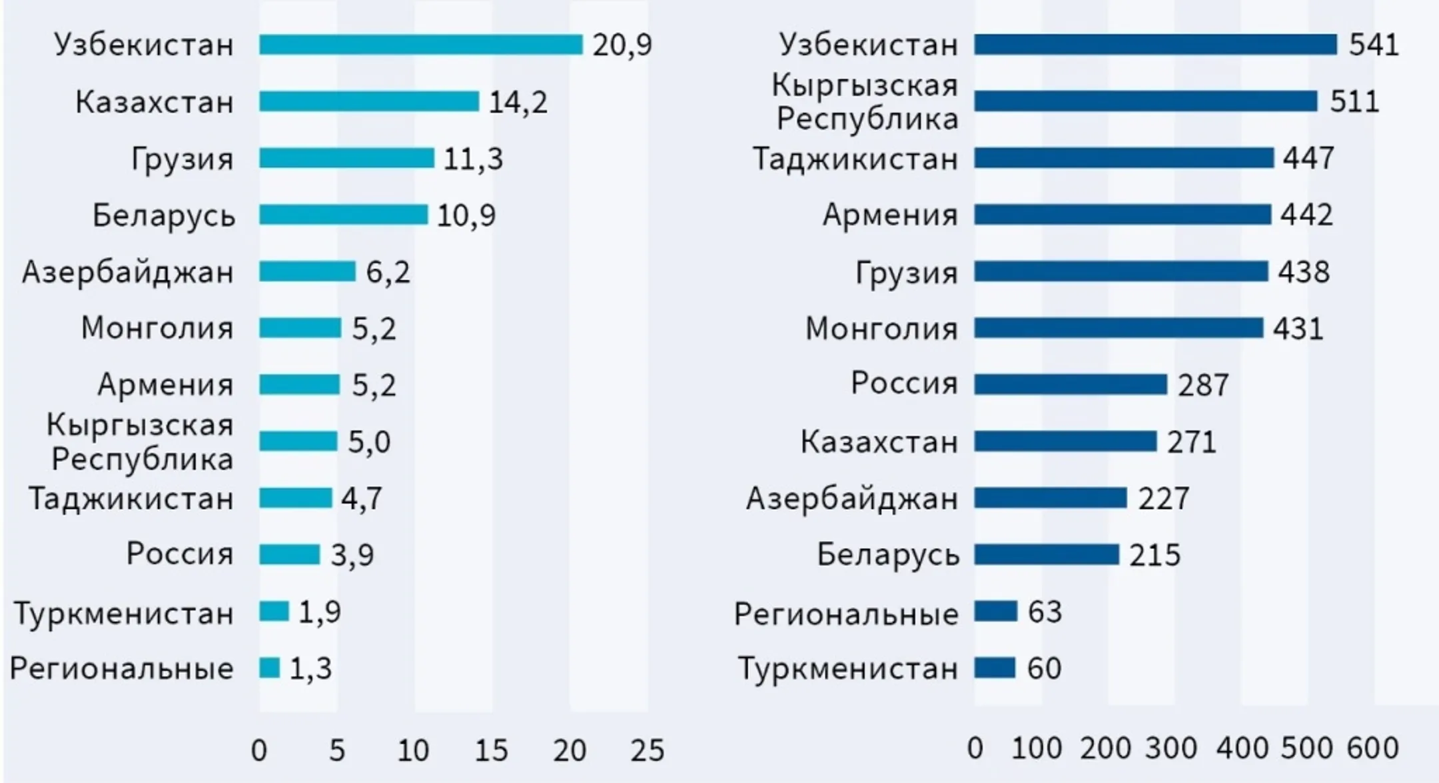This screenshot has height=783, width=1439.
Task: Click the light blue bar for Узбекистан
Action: point(420,45)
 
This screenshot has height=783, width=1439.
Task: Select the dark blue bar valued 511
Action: point(1145,101)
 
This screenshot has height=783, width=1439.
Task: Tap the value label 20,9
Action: point(622,45)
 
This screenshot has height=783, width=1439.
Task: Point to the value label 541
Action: point(1374,45)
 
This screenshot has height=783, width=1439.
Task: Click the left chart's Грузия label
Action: point(183,159)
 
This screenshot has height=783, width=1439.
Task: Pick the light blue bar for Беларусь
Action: point(343,215)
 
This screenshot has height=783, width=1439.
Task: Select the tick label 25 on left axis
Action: point(647,751)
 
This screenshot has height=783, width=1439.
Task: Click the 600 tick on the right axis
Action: point(1372,748)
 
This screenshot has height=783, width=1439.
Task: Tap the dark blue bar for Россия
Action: point(1070,385)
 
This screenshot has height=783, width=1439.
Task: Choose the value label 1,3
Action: point(310,668)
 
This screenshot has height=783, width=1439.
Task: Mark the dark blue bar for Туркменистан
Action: point(995,668)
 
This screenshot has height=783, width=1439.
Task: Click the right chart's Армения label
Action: point(890,215)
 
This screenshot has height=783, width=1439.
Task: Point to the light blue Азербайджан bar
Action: point(307,271)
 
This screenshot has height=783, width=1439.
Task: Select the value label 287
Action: point(1202,385)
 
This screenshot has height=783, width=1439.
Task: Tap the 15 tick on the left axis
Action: point(491,751)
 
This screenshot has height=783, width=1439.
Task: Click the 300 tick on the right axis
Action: point(1171,748)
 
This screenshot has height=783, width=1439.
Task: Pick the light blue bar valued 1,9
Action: point(274,611)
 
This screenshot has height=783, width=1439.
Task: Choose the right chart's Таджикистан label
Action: point(855,159)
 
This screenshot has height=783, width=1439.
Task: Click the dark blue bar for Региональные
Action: point(995,611)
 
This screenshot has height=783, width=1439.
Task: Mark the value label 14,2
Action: point(518,103)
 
